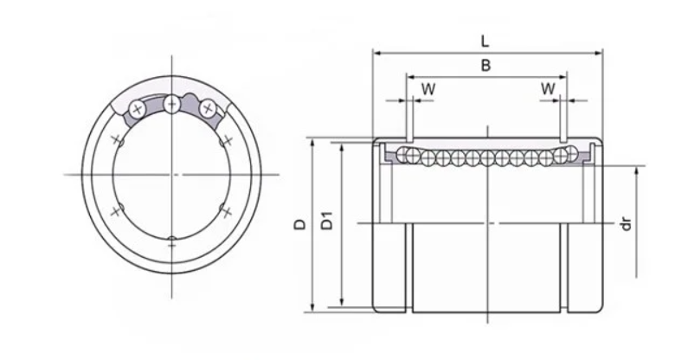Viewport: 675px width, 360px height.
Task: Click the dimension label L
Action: click(487, 40)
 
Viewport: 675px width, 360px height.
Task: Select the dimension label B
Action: click(486, 65)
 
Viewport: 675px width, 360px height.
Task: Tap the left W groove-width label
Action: click(427, 88)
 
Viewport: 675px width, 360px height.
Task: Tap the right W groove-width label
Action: click(548, 88)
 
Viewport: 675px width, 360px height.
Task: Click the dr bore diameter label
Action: click(627, 224)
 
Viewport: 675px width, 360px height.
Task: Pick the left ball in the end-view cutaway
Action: click(138, 108)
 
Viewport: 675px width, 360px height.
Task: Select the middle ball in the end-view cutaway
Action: click(172, 105)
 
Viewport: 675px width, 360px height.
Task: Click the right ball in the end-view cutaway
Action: click(208, 108)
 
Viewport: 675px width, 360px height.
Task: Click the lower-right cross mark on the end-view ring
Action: click(227, 210)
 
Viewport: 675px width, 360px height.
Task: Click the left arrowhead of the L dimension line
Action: click(376, 52)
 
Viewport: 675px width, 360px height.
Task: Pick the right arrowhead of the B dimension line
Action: click(564, 77)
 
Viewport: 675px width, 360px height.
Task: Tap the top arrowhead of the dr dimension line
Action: click(638, 170)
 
